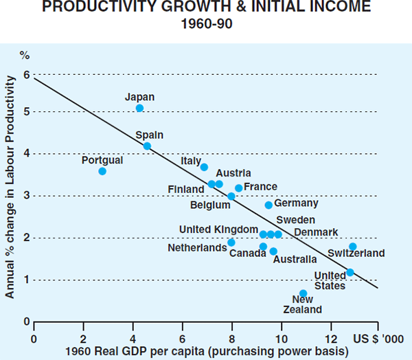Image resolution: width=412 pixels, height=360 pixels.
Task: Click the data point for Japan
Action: click(139, 108)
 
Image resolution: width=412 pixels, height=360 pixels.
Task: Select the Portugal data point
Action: click(102, 171)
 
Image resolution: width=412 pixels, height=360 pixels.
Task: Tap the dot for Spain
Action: click(147, 146)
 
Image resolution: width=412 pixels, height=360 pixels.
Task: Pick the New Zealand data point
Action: click(303, 293)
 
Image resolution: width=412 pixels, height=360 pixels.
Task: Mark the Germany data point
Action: click(268, 205)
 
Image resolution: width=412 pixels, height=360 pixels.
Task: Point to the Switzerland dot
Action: click(352, 247)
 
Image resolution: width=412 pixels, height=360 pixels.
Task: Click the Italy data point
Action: click(204, 167)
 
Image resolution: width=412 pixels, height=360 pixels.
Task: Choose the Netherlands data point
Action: click(231, 243)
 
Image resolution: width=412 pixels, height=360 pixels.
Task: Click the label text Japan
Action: click(140, 97)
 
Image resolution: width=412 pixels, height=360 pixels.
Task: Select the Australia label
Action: click(295, 260)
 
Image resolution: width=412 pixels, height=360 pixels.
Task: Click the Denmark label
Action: click(316, 232)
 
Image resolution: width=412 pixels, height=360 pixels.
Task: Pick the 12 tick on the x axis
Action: click(330, 338)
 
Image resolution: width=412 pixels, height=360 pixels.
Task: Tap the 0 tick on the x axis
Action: click(33, 338)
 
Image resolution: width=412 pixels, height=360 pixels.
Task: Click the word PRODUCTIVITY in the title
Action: click(125, 8)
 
